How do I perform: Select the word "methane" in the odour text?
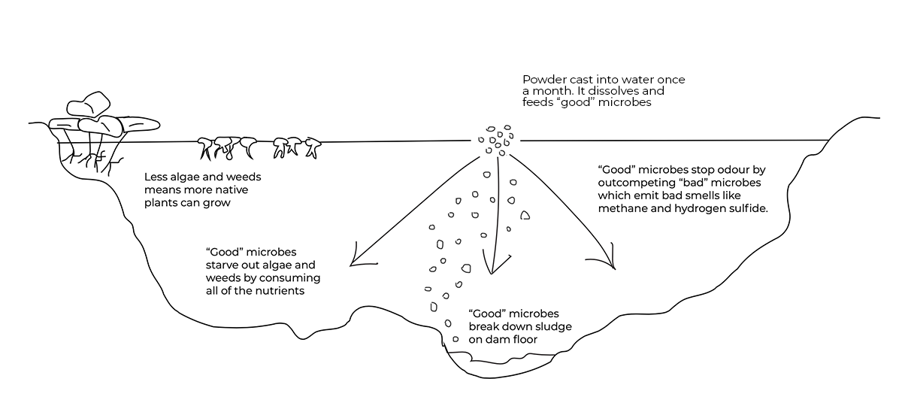621,209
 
